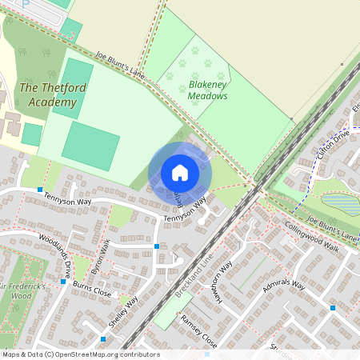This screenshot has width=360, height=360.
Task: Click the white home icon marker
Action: point(180,172)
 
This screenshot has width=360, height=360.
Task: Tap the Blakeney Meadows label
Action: point(208,90)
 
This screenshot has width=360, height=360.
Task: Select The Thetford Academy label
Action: point(49,95)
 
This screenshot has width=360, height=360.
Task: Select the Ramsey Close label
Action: point(198,330)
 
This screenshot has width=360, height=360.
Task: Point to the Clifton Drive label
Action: point(332,144)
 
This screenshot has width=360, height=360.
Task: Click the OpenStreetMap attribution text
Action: point(80,354)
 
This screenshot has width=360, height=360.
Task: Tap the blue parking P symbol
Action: point(26,3)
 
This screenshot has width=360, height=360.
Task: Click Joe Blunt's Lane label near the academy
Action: point(120,66)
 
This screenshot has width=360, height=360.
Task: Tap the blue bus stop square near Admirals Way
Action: point(332,307)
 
